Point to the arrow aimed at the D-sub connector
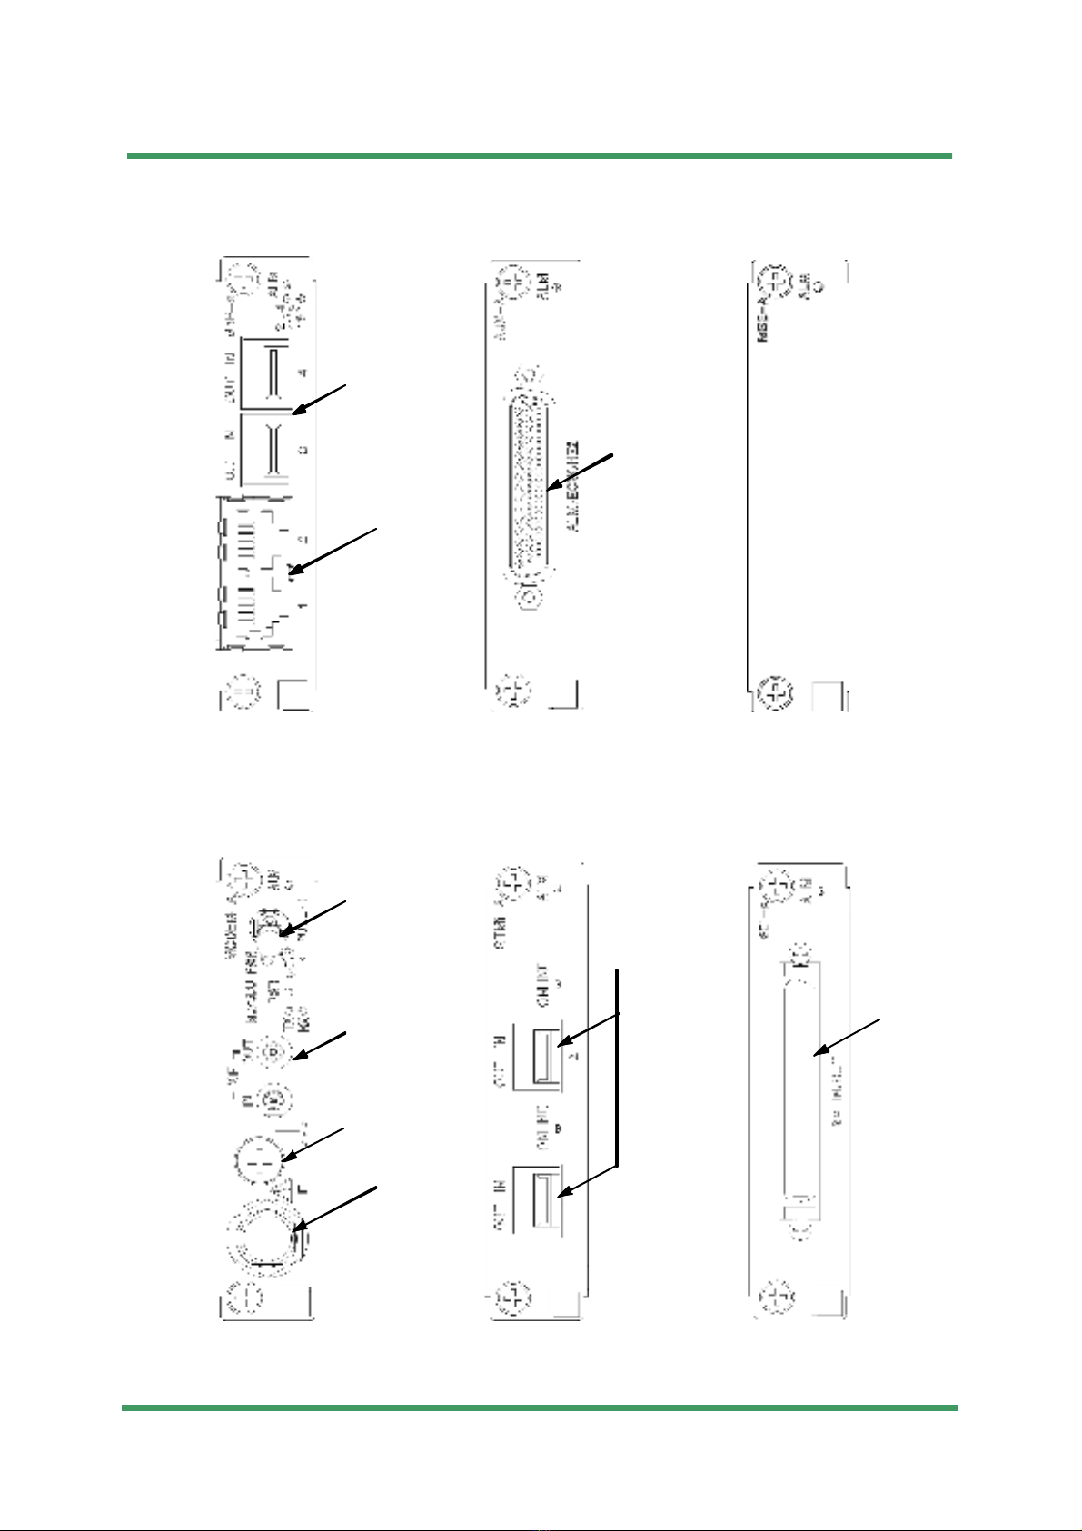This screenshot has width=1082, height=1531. pyautogui.click(x=582, y=470)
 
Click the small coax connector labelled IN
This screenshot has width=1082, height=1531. pyautogui.click(x=272, y=1100)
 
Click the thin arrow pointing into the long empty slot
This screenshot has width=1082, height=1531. pyautogui.click(x=847, y=1035)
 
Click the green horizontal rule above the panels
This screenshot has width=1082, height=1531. pyautogui.click(x=539, y=156)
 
